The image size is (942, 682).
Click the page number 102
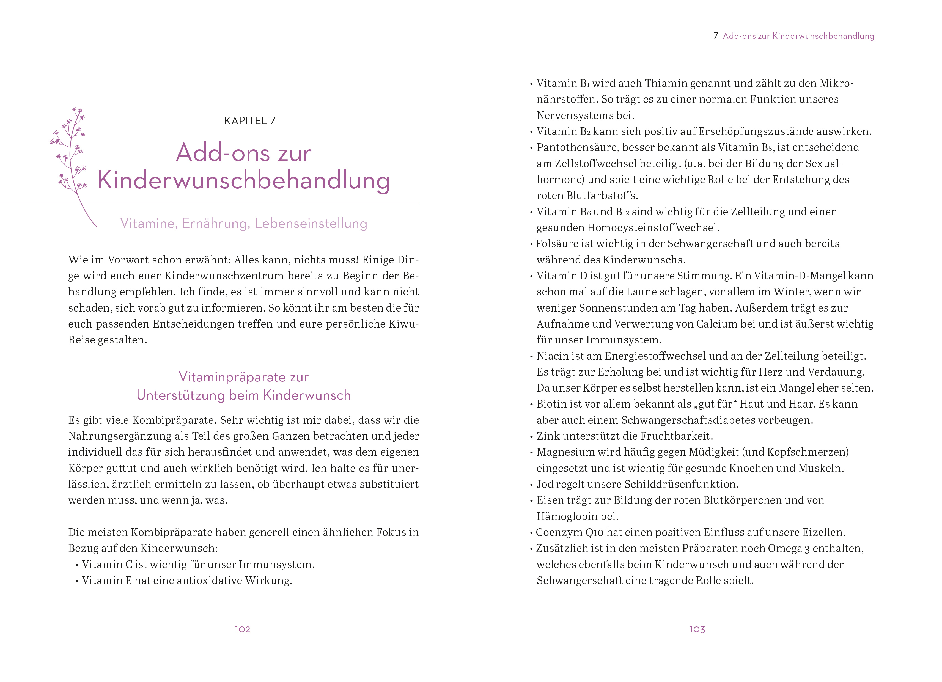tap(243, 629)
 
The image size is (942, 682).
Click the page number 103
tap(697, 629)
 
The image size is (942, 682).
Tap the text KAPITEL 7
tap(250, 121)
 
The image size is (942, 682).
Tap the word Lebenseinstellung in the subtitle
tap(311, 224)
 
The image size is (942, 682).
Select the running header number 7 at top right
tap(716, 36)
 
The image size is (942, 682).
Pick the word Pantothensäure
tap(576, 147)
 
